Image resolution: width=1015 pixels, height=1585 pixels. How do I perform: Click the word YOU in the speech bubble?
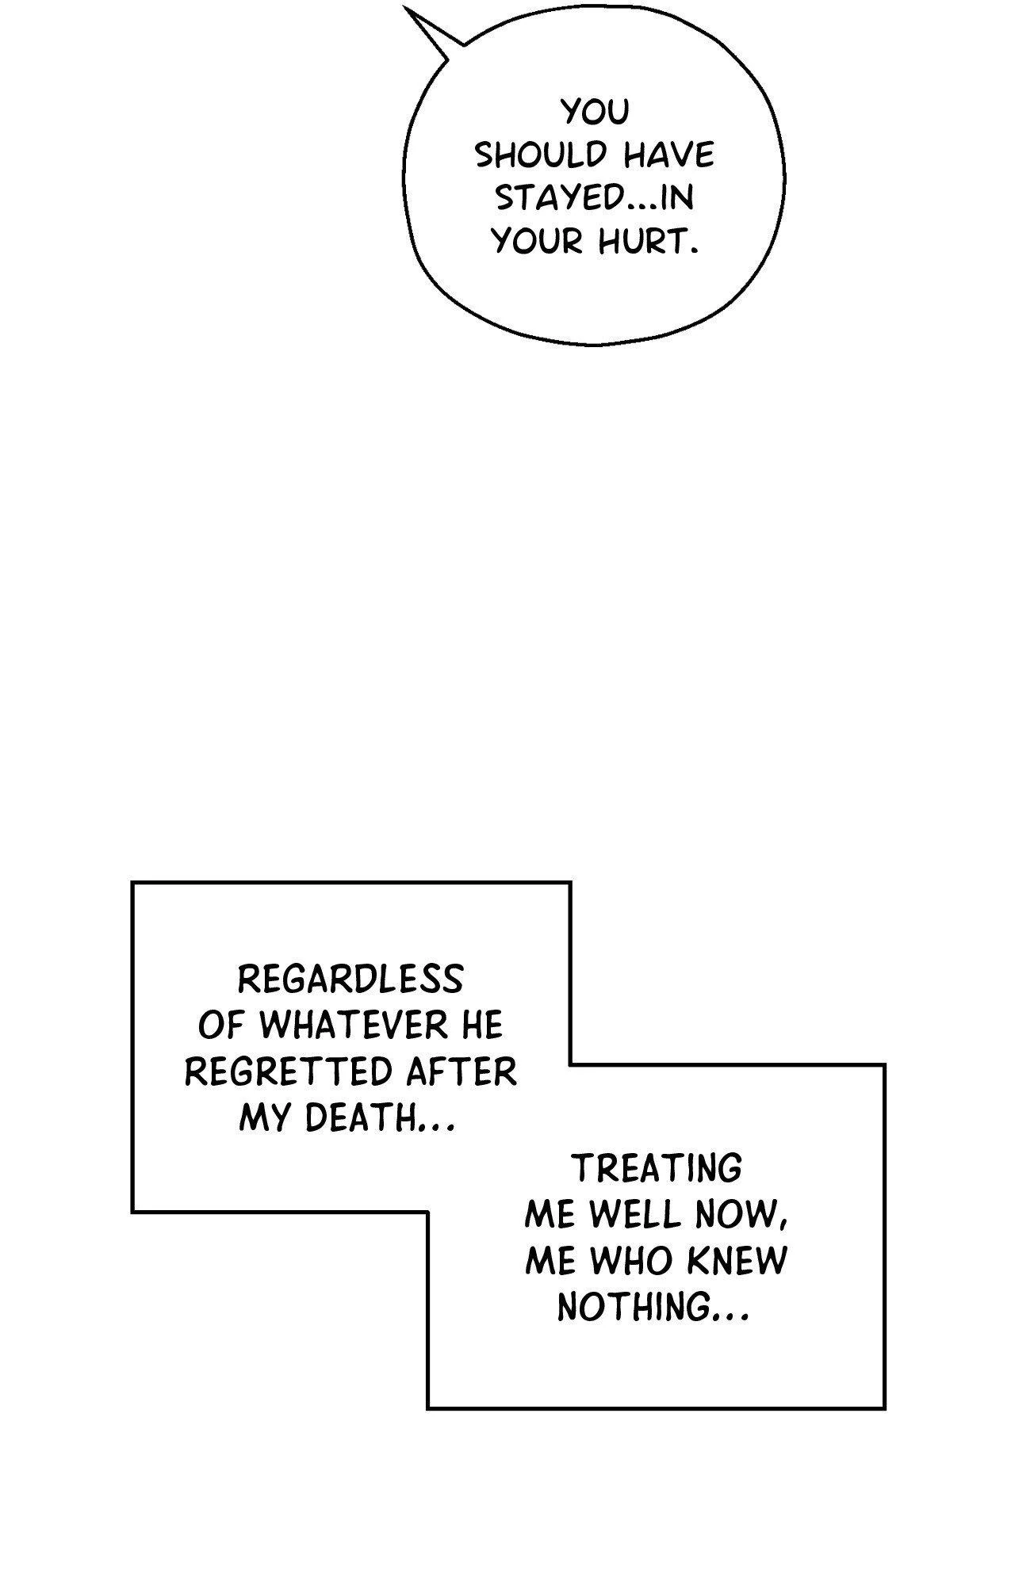[x=595, y=113]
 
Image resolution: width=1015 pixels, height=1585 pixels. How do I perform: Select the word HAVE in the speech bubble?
[x=668, y=156]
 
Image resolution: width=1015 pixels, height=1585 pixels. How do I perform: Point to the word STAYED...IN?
[x=595, y=198]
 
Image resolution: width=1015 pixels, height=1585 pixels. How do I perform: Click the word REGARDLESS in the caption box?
[x=350, y=980]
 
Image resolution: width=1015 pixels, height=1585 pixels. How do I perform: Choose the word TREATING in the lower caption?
[x=657, y=1168]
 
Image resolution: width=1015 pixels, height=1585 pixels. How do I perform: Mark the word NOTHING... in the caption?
[x=652, y=1307]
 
